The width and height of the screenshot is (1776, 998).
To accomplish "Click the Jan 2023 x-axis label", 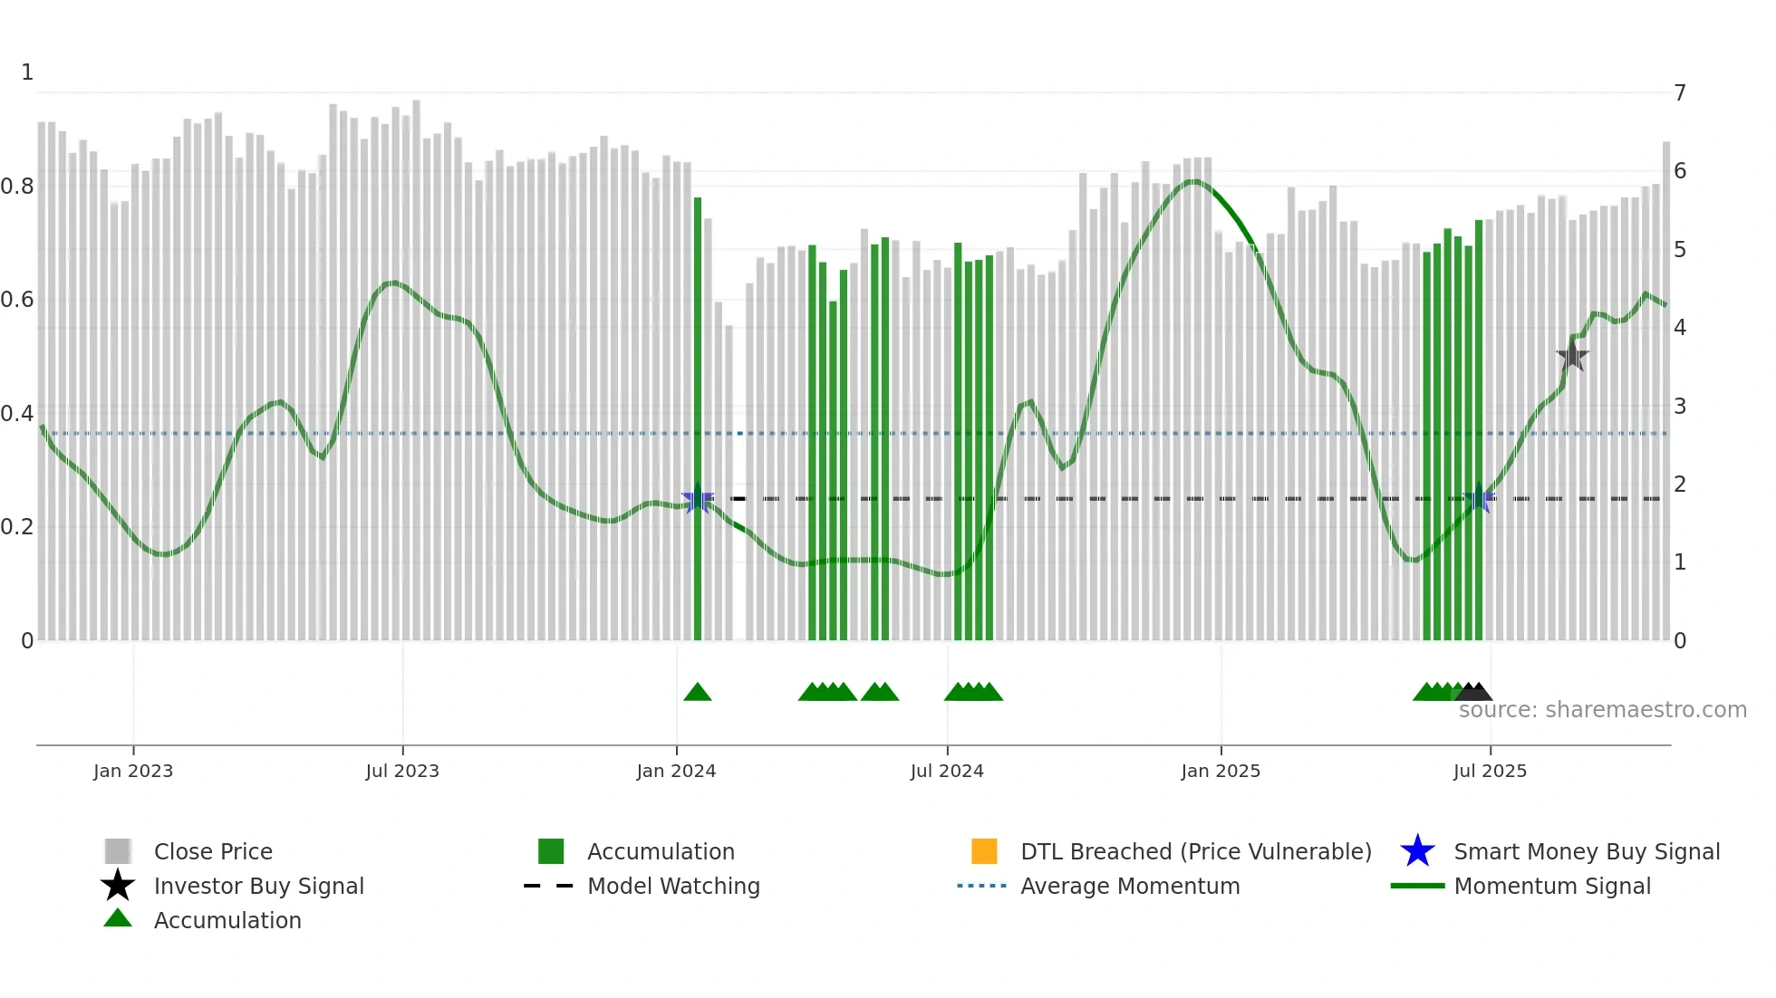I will (133, 771).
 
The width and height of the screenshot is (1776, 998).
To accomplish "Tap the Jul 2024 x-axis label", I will (947, 771).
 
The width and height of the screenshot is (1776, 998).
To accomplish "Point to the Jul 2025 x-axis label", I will (1490, 771).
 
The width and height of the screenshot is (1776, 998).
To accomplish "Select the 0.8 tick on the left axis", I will (17, 187).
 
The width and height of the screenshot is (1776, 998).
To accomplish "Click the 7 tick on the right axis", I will (1680, 93).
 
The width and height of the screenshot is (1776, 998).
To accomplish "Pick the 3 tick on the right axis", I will (1680, 406).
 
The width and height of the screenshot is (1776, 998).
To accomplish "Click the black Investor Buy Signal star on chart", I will (1572, 356).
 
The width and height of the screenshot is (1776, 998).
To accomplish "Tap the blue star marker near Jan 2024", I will (697, 498).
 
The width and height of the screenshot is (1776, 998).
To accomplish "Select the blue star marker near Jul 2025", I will (1479, 498).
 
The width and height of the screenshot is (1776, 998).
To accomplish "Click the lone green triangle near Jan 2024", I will (697, 693).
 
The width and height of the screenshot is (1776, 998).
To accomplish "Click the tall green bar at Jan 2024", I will (698, 417).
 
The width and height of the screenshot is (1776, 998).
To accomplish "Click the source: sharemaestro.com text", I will (1602, 710).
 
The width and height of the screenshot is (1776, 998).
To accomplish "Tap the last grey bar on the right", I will (1665, 389).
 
